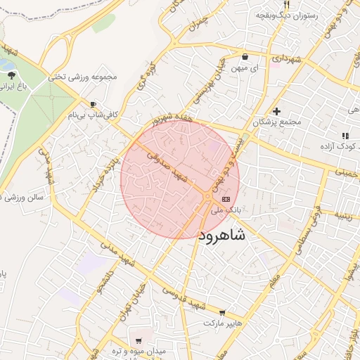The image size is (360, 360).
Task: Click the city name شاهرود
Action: (x=223, y=235)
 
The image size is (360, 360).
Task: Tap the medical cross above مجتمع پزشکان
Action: (x=277, y=111)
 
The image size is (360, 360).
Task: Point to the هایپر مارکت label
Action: (x=223, y=323)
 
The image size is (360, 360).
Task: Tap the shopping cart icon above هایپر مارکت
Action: (x=223, y=313)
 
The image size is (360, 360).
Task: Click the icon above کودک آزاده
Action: (x=344, y=136)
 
